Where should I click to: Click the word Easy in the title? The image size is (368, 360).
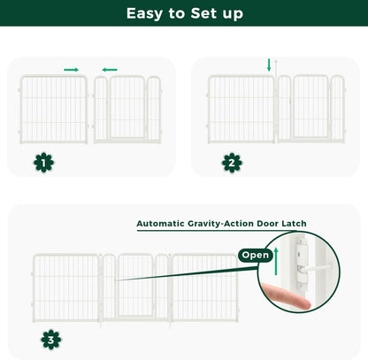coord(142,14)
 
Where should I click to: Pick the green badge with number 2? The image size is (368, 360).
coord(231,162)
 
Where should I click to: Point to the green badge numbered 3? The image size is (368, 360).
coord(51,338)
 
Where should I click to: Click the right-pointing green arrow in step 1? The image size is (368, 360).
coord(71,69)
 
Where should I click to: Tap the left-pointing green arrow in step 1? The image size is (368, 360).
coord(109,69)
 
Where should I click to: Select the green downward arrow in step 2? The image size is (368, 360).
coord(270,65)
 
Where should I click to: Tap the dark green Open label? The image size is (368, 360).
coord(255,256)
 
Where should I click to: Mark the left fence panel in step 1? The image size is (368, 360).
coord(53,108)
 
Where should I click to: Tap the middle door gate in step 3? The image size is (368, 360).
coord(135,286)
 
